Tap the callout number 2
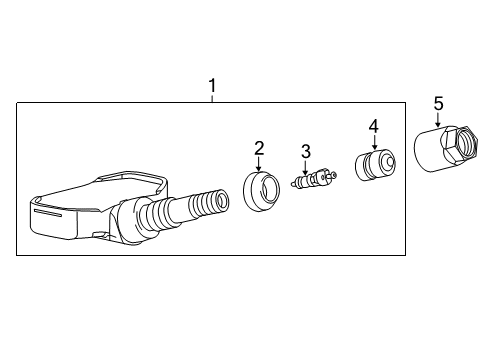(x=258, y=149)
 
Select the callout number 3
(x=307, y=150)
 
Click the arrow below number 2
(x=258, y=165)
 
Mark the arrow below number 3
(x=307, y=167)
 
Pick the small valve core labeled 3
(x=314, y=180)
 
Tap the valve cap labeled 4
(x=376, y=163)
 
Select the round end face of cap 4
(x=383, y=161)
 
